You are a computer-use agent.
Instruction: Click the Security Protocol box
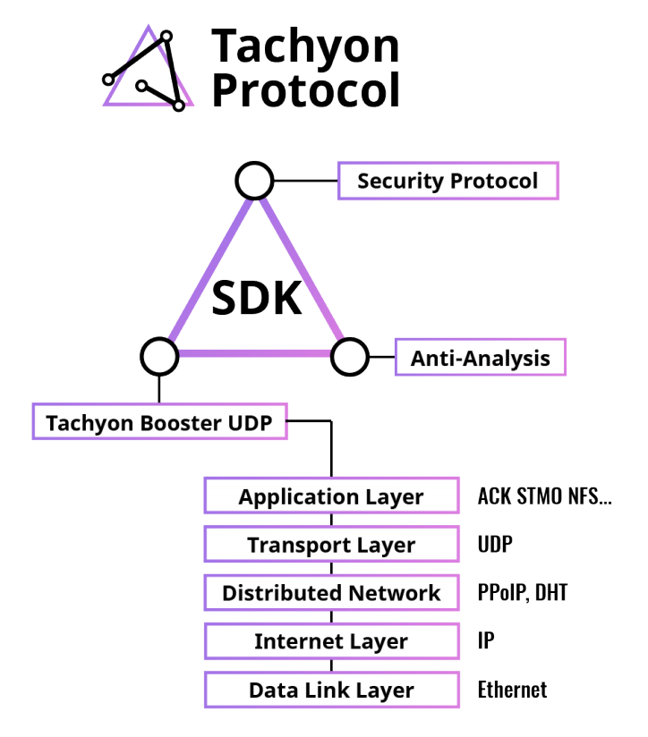pos(448,181)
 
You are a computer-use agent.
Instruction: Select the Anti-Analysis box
pos(480,357)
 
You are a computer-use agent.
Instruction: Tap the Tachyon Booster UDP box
pos(159,421)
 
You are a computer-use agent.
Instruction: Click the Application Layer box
pos(331,496)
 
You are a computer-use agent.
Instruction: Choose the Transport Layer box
pos(331,545)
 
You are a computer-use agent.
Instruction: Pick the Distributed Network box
pos(331,593)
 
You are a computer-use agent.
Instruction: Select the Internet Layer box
pos(331,641)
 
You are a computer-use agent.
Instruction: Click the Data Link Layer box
pos(331,690)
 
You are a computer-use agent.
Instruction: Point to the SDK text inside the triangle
pos(257,298)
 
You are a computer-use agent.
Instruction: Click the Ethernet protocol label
pos(512,690)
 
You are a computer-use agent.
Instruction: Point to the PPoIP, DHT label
pos(523,593)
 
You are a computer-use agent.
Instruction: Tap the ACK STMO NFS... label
pos(544,496)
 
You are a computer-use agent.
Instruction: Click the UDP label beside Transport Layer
pos(495,545)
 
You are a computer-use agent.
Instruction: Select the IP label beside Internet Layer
pos(486,640)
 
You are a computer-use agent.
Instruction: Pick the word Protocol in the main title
pos(306,90)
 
